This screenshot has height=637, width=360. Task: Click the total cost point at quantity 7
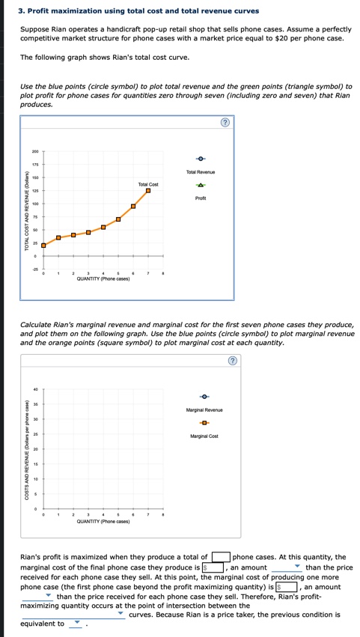148,191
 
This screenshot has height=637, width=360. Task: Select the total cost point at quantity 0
43,245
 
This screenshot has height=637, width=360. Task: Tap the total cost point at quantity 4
103,228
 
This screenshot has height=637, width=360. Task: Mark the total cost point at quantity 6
133,206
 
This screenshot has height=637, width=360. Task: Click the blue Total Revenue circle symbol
200,159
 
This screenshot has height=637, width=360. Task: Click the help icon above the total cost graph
224,124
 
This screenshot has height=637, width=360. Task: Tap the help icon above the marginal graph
232,361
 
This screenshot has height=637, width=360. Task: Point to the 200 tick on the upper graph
34,151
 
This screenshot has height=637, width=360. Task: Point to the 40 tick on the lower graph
35,389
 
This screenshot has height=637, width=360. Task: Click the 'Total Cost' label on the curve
148,183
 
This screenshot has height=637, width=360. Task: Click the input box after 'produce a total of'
220,557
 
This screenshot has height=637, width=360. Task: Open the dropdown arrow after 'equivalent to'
76,624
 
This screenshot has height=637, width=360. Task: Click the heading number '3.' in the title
22,11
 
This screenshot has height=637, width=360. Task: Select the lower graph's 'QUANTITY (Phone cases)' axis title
103,522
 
